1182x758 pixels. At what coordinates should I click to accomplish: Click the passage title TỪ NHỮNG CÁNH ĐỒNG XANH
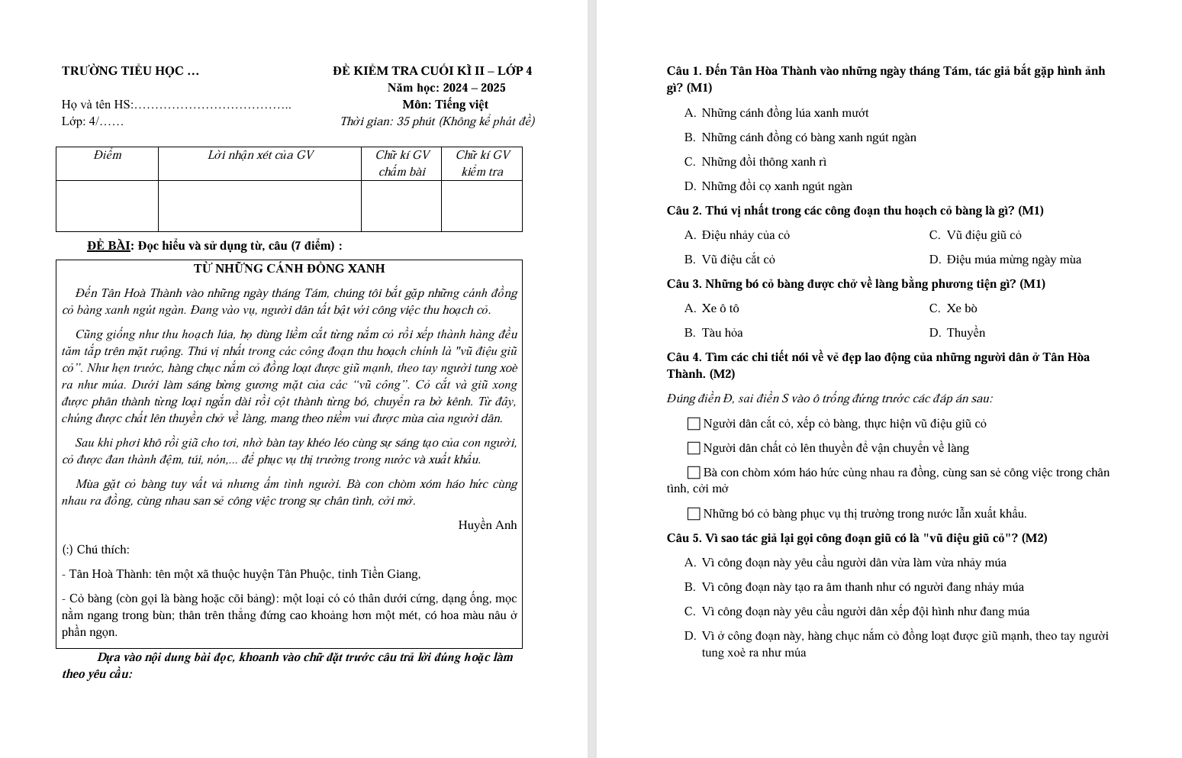coord(288,269)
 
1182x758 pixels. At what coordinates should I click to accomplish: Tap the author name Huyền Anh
coord(487,525)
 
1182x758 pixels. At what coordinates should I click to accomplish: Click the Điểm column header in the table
coord(108,155)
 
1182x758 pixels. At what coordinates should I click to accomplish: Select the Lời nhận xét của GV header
coord(260,155)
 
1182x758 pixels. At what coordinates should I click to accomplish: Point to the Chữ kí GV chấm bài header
coord(402,163)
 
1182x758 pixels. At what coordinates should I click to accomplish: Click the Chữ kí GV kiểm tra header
coord(482,163)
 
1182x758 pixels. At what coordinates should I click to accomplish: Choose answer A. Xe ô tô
coord(711,308)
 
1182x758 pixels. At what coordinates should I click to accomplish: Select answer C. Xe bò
coord(953,308)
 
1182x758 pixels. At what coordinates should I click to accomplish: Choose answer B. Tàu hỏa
coord(713,333)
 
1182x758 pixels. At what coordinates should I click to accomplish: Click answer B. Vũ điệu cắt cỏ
coord(729,260)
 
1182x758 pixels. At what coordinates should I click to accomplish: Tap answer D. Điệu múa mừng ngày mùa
coord(1005,260)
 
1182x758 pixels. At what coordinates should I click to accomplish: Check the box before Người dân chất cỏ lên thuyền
coord(694,448)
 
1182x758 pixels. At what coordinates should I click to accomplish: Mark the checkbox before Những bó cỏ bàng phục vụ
coord(694,514)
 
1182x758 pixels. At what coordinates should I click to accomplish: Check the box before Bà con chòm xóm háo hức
coord(694,473)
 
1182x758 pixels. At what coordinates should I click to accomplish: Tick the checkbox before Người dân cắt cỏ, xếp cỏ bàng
coord(694,424)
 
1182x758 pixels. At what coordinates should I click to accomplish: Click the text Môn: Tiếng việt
coord(446,105)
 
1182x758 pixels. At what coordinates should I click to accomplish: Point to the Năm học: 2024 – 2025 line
coord(446,88)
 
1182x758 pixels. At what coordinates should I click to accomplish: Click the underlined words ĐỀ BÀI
coord(109,246)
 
